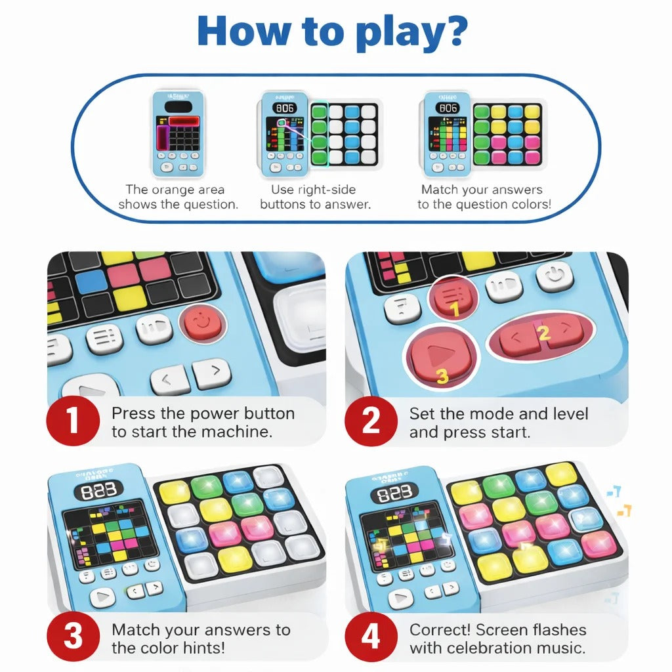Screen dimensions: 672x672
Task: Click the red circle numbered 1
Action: tap(73, 421)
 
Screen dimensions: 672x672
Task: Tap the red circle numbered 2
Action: tap(371, 421)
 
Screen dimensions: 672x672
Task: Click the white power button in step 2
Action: tap(555, 276)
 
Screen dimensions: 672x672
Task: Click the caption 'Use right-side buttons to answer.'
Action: tap(315, 197)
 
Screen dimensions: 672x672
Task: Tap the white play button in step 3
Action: tap(102, 597)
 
